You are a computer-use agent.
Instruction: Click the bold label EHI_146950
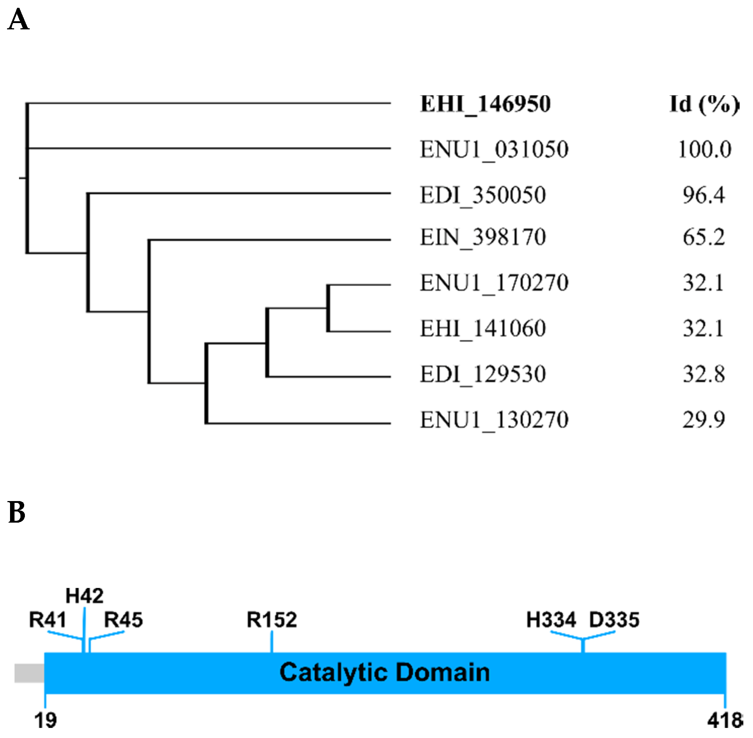(485, 104)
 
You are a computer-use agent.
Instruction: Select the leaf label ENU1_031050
(494, 149)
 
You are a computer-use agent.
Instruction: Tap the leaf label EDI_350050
(483, 195)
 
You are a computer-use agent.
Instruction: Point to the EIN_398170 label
(483, 237)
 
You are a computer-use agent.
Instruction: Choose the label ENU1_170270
(494, 283)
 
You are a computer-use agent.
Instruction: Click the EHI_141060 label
(483, 328)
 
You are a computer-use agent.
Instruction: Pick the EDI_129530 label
(483, 374)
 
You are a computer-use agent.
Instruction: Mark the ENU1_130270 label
(494, 419)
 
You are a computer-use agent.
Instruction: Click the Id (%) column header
(704, 104)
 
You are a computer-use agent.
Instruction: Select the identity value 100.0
(704, 149)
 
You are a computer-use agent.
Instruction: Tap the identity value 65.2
(704, 237)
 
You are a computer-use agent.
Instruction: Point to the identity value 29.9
(704, 419)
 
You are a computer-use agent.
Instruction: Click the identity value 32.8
(704, 374)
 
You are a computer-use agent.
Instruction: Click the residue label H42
(84, 596)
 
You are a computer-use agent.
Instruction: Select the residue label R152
(272, 620)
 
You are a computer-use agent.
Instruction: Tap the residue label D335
(614, 620)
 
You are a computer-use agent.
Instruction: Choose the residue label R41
(47, 620)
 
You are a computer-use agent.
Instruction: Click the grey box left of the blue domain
(29, 673)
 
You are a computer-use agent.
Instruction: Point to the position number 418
(724, 721)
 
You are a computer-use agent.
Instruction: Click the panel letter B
(17, 513)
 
